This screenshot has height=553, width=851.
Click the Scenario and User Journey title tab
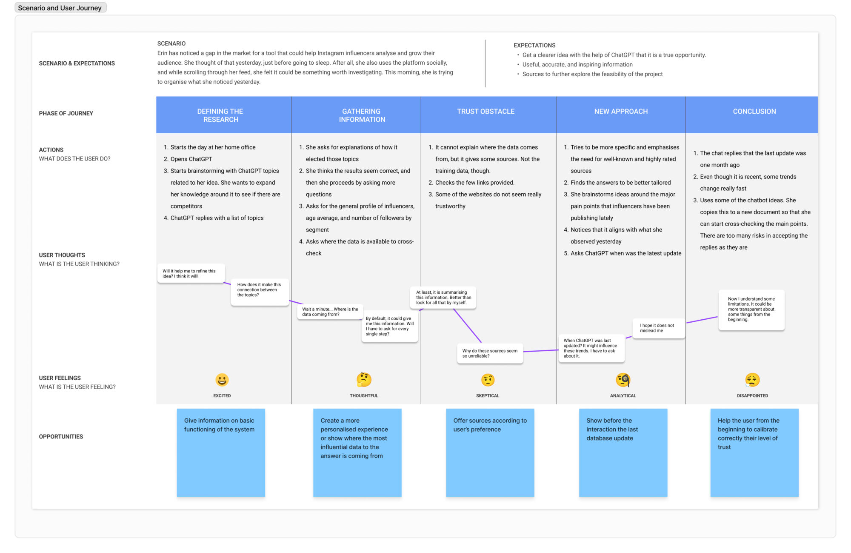(60, 8)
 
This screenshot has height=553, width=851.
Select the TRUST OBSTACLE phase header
(485, 112)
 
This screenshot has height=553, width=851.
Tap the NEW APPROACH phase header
(621, 112)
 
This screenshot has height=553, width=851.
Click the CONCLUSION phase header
(754, 112)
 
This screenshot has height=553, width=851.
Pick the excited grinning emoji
(222, 380)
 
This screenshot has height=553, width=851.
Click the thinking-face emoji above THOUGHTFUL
(364, 380)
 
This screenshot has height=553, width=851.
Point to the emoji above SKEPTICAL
(488, 380)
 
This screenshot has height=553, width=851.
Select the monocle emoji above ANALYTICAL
(623, 380)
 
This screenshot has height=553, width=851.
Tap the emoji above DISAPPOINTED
(752, 380)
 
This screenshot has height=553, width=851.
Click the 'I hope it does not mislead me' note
(659, 328)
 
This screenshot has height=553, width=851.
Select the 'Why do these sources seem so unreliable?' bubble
(490, 354)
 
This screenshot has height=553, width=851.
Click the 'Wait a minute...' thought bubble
(330, 312)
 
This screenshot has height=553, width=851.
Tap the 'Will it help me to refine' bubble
(191, 273)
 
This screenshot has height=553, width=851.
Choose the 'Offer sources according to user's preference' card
(490, 453)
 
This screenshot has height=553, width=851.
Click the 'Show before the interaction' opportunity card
(623, 453)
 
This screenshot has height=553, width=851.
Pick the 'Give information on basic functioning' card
(221, 453)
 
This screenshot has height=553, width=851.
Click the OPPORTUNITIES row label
(61, 437)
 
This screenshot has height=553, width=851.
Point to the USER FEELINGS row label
(60, 378)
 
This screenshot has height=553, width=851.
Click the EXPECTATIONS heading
(534, 46)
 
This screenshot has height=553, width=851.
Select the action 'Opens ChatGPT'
(191, 159)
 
